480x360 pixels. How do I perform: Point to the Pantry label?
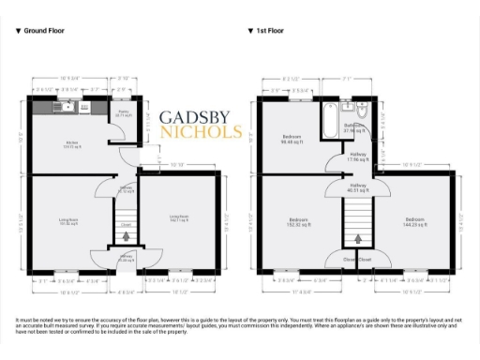(x=123, y=114)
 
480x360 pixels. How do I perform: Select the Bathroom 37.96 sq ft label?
(x=353, y=127)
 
